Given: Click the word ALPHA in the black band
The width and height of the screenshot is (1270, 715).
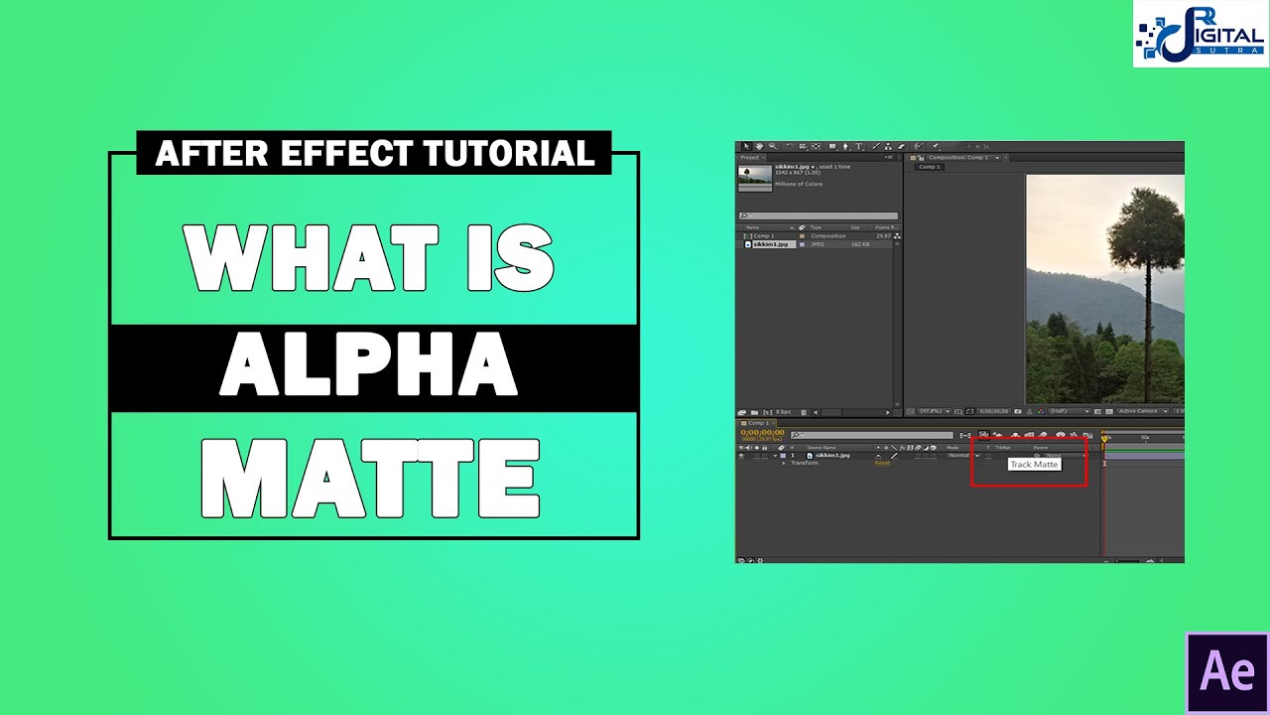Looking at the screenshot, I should (368, 367).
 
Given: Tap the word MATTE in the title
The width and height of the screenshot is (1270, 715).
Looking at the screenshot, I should (371, 480).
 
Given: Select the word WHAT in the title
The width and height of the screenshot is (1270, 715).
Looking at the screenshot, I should (311, 258).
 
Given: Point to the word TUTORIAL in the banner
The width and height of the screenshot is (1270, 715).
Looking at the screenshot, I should (509, 153).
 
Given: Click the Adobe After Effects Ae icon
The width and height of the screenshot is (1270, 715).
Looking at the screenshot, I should (1227, 672).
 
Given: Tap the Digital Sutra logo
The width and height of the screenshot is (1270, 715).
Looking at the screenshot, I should (1201, 34).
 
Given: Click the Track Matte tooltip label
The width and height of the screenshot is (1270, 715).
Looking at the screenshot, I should (1034, 465).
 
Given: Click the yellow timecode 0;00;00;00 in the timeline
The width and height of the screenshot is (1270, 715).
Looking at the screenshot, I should (763, 432).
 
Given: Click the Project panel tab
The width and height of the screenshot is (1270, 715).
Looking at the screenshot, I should (750, 158).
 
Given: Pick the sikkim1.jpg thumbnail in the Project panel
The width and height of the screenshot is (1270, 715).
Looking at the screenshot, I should (755, 176).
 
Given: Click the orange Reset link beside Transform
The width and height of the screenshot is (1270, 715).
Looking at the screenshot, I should (881, 463).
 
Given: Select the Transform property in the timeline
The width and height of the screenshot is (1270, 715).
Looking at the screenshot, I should (804, 463).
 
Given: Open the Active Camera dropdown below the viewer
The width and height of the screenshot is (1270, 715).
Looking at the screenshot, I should (1140, 411).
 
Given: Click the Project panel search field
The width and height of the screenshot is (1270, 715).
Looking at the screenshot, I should (820, 215).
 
